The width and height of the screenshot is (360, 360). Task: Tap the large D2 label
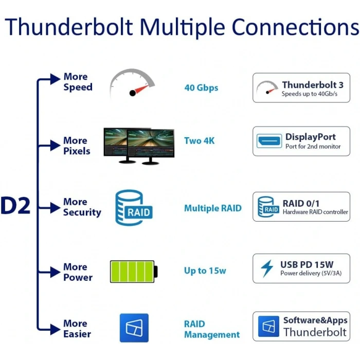coord(16,206)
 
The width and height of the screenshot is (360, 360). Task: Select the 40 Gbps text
coord(201,88)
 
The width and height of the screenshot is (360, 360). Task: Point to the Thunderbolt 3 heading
coord(312,85)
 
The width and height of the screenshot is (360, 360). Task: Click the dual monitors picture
coord(139,146)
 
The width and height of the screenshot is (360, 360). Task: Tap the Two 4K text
coord(200,141)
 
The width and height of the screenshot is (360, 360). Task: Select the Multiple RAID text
coord(212,209)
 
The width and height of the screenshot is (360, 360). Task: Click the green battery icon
coord(134,271)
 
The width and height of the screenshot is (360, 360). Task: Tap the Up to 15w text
coord(205,271)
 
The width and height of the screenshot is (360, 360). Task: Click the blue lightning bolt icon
coord(267,268)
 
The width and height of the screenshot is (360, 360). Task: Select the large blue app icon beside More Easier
coord(134,328)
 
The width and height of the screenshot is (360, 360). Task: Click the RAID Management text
coord(211,329)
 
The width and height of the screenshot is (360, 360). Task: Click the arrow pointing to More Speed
coord(54,79)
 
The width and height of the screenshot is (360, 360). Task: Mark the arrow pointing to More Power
coord(54,271)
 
